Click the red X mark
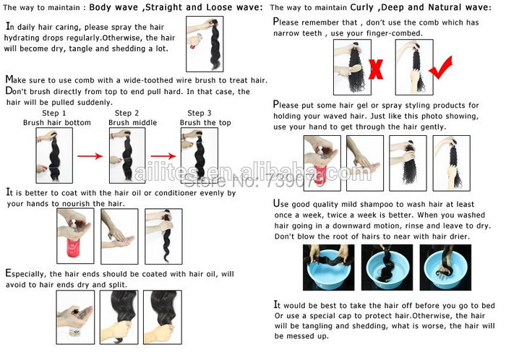(376, 69)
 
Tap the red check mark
(441, 68)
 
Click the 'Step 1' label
(54, 113)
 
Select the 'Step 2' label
(126, 113)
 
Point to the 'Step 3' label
(200, 113)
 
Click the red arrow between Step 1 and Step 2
(90, 156)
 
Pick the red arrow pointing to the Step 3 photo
(163, 156)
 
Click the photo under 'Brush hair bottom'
(54, 155)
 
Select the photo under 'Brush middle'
(127, 155)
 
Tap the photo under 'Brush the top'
(200, 155)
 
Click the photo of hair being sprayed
(205, 44)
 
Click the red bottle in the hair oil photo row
(73, 247)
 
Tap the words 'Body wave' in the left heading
(113, 7)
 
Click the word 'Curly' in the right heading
(361, 7)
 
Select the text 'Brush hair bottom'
(57, 123)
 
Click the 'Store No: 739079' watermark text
(254, 180)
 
